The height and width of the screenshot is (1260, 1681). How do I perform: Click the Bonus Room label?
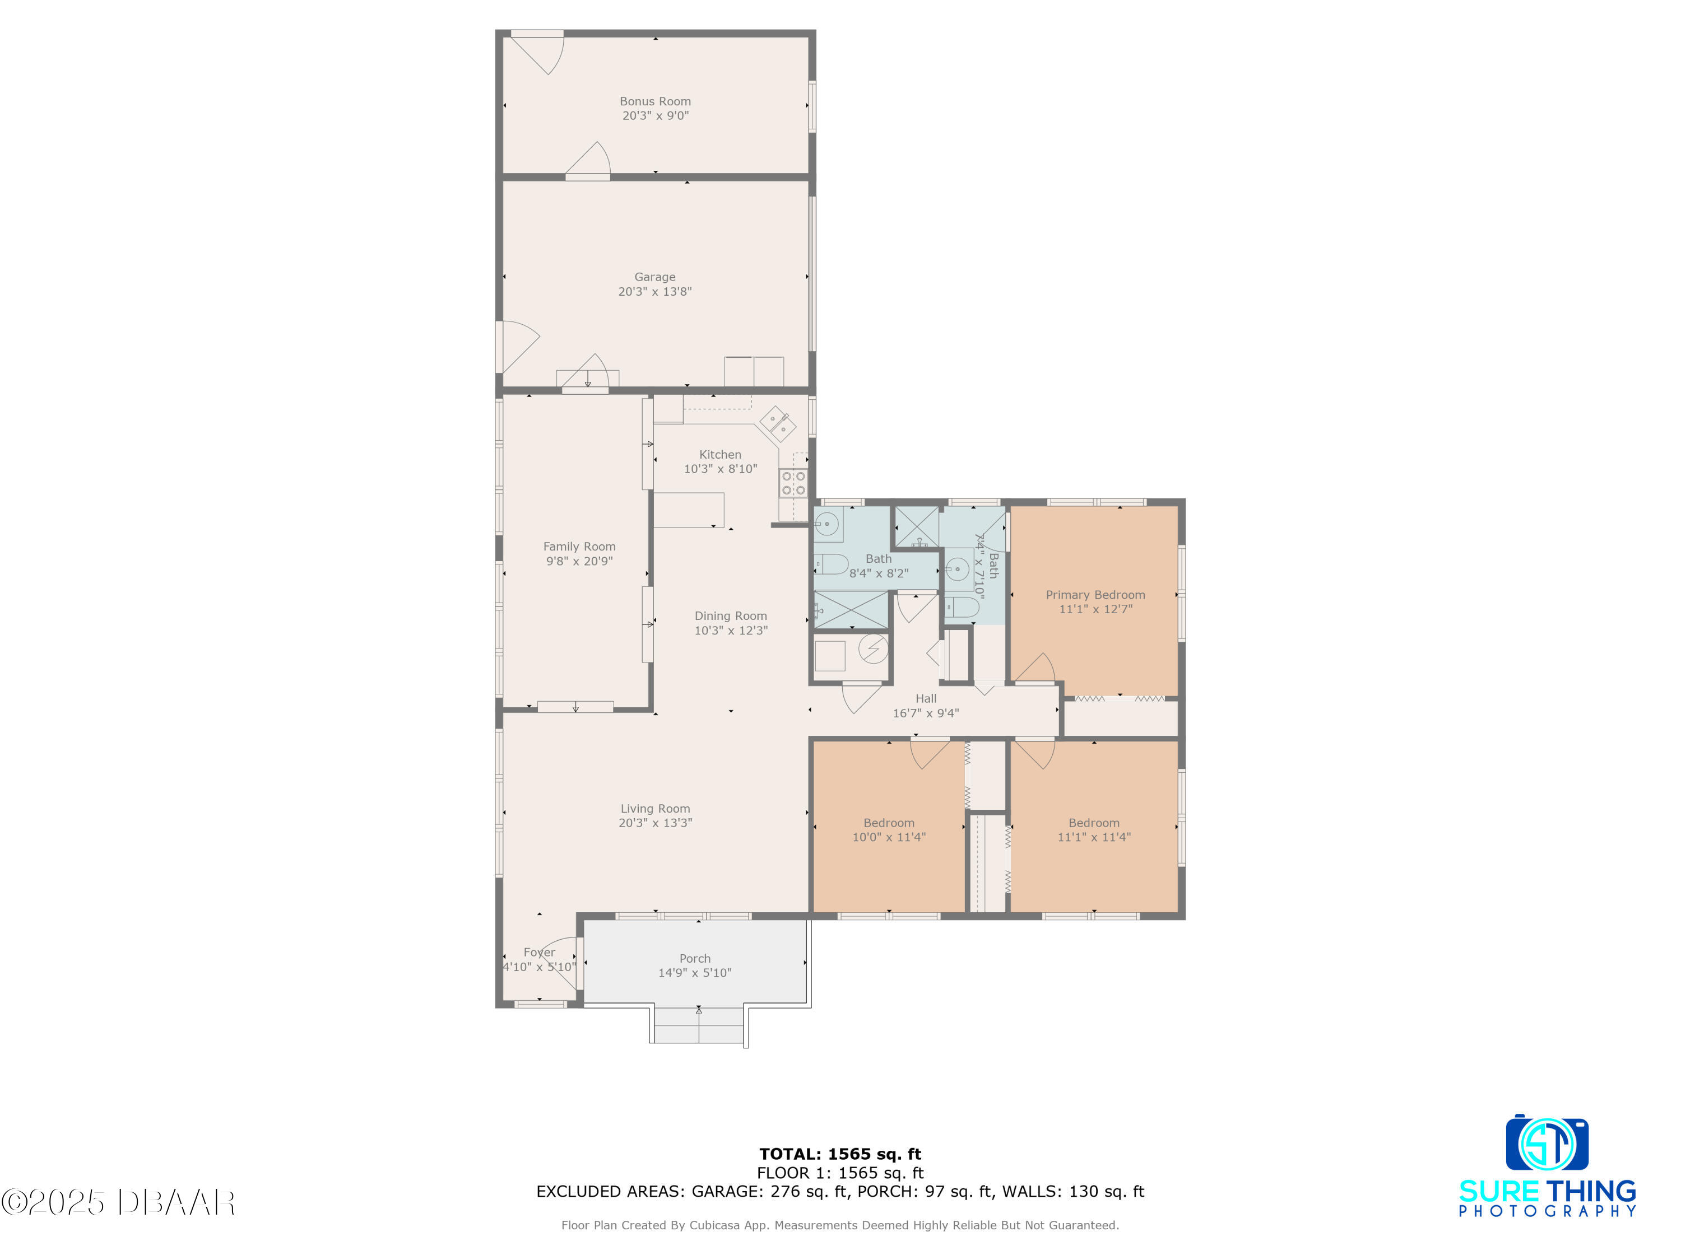point(655,101)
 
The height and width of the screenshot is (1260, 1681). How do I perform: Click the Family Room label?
point(579,547)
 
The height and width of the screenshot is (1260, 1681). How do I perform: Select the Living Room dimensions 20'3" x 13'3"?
point(655,823)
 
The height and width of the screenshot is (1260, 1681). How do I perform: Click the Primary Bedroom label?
point(1095,595)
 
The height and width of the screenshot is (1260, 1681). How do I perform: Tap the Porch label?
point(695,959)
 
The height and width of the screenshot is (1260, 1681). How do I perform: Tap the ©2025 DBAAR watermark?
point(118,1202)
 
